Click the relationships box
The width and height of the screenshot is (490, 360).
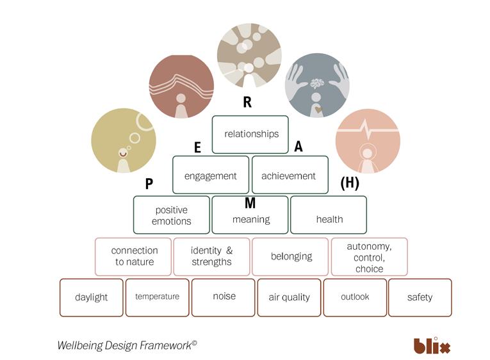pos(250,135)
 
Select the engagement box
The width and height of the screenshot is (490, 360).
pos(211,175)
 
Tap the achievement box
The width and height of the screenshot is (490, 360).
pos(290,175)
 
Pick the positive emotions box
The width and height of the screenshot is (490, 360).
pos(172,215)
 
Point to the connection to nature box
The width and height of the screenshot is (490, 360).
pos(134,256)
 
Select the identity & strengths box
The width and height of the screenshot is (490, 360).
pos(211,256)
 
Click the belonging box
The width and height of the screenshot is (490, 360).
pos(291,256)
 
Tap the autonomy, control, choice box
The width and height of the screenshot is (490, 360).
pos(369,256)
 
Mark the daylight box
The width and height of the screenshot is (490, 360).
pos(92,297)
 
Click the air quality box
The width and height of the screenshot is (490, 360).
pos(289,297)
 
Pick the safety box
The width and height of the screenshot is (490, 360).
pos(420,297)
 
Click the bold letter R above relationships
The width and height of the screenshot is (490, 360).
pos(247,102)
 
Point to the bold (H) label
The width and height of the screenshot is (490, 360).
pos(349,183)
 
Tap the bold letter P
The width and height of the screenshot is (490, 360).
pos(149,184)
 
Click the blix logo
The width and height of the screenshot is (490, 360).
pos(432,346)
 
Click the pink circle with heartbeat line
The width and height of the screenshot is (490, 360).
pos(368,141)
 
